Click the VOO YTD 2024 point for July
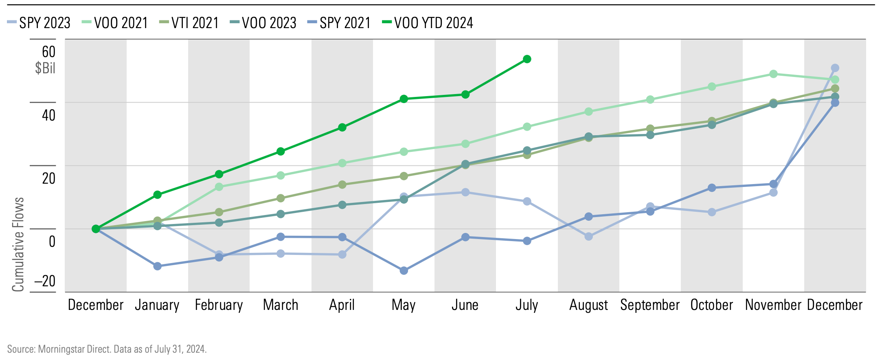coord(527,59)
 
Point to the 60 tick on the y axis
coord(48,52)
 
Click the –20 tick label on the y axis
coord(45,281)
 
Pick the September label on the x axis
coord(650,305)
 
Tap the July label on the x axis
coord(527,305)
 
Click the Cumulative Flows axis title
coord(18,244)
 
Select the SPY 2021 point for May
coord(404,270)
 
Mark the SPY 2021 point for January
coord(158,266)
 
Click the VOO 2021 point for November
coord(773,74)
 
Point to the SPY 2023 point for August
coord(588,236)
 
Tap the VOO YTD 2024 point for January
coord(158,195)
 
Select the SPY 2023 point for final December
coord(835,68)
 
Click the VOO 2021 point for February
coord(219,187)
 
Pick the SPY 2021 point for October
coord(712,188)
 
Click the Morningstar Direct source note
coord(107,349)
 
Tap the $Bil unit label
coord(45,68)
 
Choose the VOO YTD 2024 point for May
coord(404,99)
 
